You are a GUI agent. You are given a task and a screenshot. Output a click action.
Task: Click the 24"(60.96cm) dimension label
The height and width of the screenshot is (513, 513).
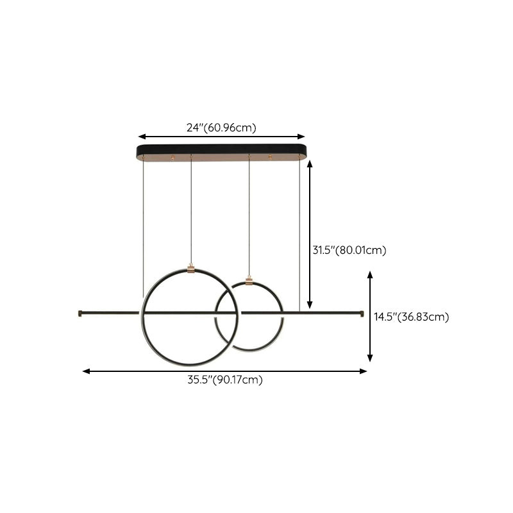221,128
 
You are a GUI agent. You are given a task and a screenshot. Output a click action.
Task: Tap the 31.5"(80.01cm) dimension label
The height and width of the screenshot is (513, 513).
349,250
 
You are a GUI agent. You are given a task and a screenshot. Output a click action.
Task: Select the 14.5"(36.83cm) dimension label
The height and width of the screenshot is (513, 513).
411,317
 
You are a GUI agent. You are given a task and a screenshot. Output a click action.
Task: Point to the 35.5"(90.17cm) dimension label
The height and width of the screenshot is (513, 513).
225,380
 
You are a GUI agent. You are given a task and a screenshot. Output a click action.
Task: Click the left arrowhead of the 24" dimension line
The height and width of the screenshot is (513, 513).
142,137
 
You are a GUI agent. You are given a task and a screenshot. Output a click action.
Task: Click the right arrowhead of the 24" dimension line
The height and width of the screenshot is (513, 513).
301,137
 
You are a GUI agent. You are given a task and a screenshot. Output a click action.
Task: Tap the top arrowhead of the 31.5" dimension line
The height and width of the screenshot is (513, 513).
310,164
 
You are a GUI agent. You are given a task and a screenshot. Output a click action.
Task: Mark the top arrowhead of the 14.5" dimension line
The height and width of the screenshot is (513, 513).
370,275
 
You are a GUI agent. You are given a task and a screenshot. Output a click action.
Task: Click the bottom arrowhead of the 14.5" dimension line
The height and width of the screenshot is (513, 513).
370,358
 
